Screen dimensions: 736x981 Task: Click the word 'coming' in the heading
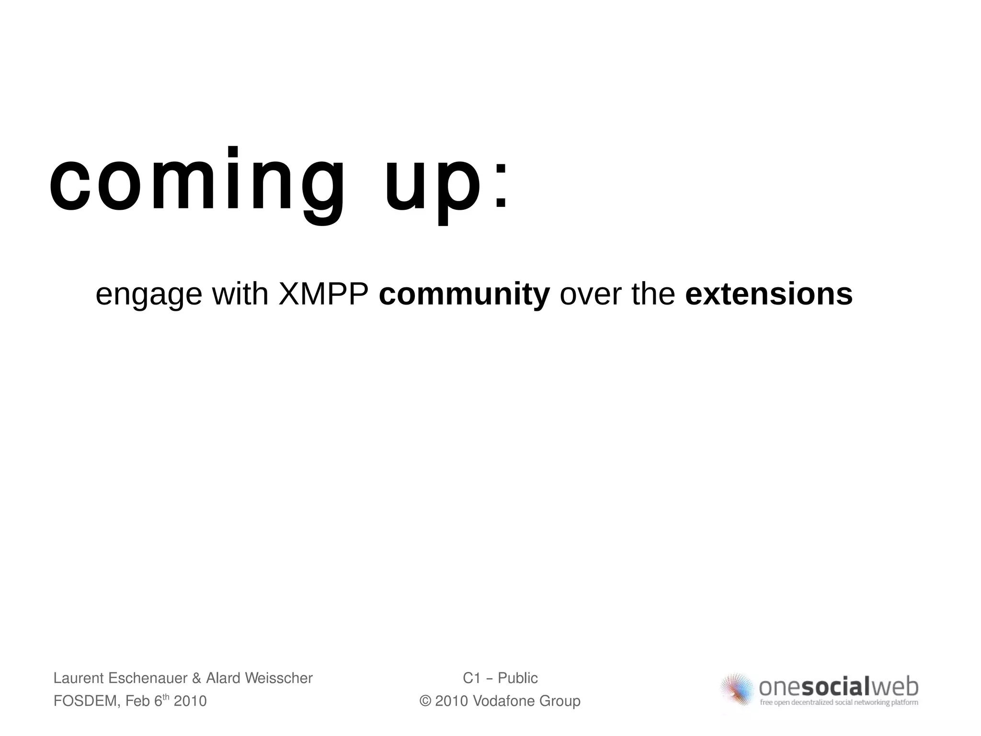click(x=196, y=184)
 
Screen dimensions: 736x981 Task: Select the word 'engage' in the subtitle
click(x=148, y=295)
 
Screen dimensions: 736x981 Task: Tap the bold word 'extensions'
click(x=769, y=294)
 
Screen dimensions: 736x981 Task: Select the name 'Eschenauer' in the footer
click(x=148, y=678)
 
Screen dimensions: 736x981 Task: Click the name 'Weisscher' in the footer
click(x=278, y=678)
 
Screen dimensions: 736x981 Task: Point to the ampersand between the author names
click(x=196, y=678)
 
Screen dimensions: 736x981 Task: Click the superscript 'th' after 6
click(x=167, y=697)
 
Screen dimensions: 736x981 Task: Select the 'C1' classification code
click(x=471, y=678)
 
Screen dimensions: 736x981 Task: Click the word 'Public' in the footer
click(x=518, y=678)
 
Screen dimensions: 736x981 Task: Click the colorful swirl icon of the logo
click(x=738, y=690)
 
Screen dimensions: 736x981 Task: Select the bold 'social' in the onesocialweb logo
click(x=835, y=688)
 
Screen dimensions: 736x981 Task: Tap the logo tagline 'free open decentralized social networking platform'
click(x=839, y=703)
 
